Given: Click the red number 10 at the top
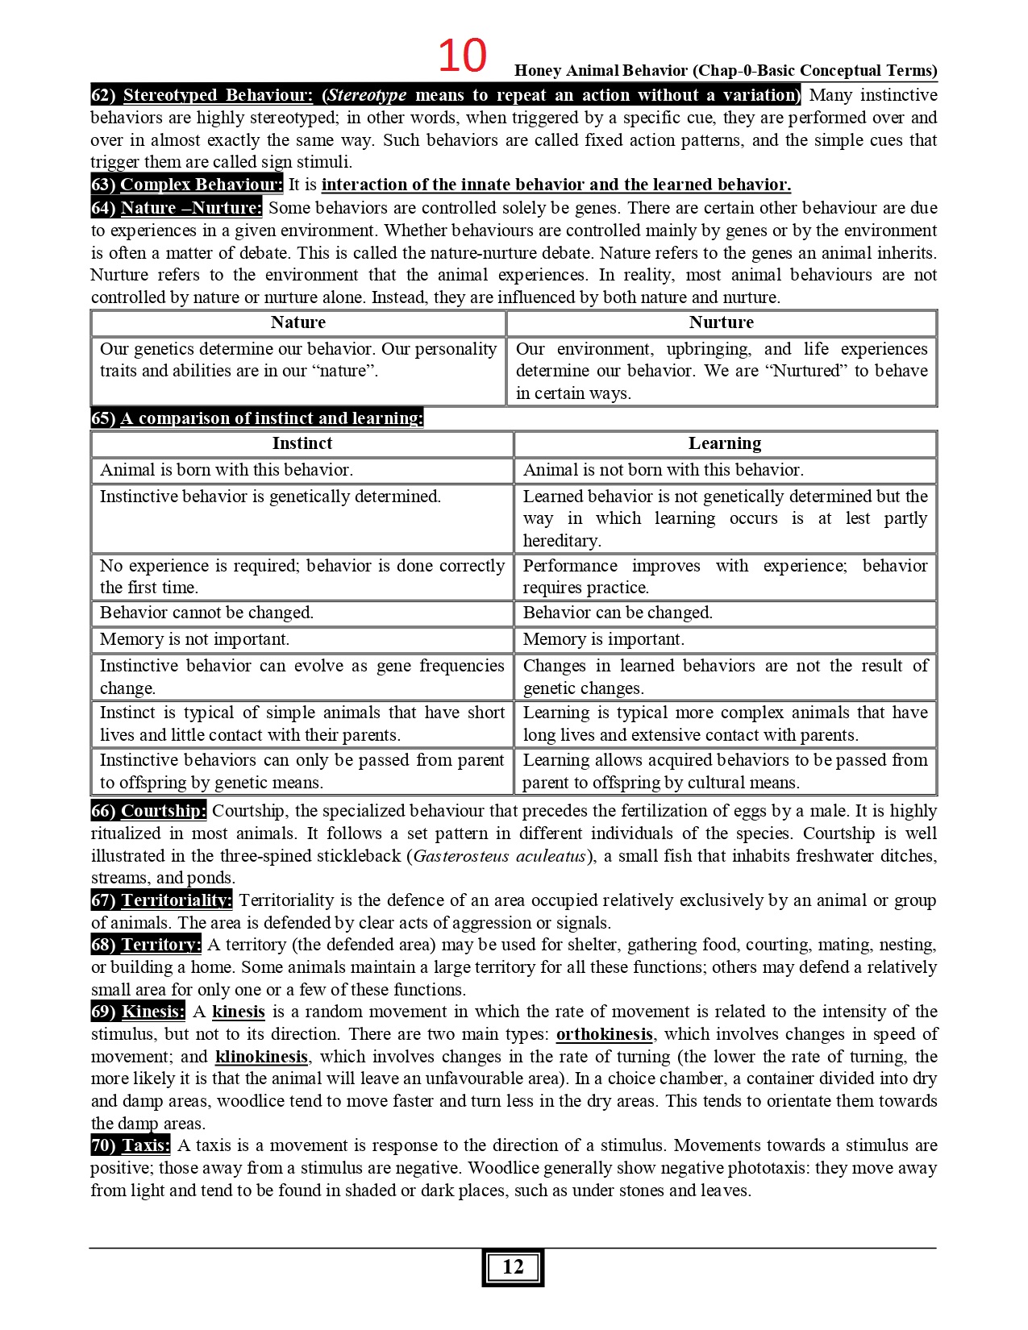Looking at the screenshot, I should pos(462,56).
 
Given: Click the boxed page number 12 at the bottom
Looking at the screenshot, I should pos(513,1267).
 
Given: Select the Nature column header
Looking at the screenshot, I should pos(298,322).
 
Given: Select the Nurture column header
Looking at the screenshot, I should pos(721,322).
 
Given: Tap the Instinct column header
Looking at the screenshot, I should pos(302,443).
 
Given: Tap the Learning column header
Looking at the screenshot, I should pos(724,443).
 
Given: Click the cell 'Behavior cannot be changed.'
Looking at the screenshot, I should pos(206,613).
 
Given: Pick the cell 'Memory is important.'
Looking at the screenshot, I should pos(603,639).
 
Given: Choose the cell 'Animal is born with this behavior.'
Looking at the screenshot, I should pos(227,470).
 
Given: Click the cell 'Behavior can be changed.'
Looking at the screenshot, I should pos(618,613).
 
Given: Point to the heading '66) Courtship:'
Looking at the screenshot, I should pos(148,811).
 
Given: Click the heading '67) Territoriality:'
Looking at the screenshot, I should pos(161,900).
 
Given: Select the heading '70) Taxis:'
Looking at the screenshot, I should pos(131,1145).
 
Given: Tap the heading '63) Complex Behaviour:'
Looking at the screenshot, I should pos(187,185).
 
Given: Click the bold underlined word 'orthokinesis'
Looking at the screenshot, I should pos(604,1034).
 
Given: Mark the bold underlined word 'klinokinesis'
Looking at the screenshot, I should pos(261,1057).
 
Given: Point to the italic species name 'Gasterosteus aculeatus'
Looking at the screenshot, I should pos(499,856).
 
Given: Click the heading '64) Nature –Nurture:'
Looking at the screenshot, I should pos(177,208).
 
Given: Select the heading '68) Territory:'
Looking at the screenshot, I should pos(146,945).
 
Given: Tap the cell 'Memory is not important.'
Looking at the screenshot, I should pos(194,639).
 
